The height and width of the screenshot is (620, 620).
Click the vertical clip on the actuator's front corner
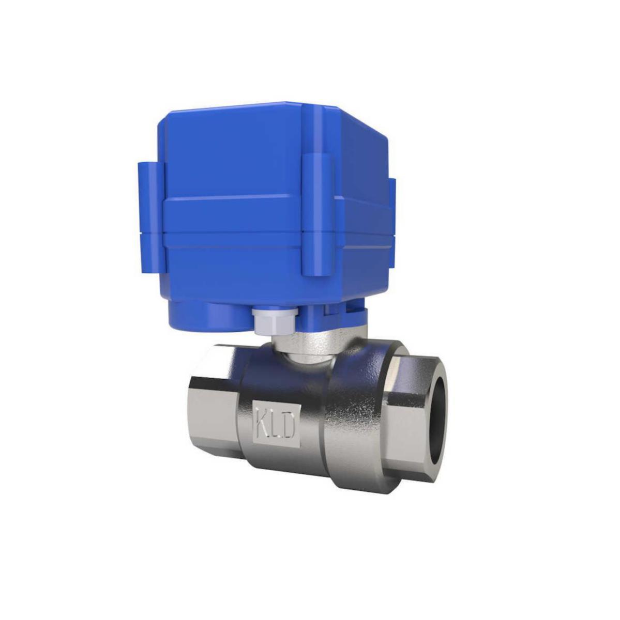(317, 218)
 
